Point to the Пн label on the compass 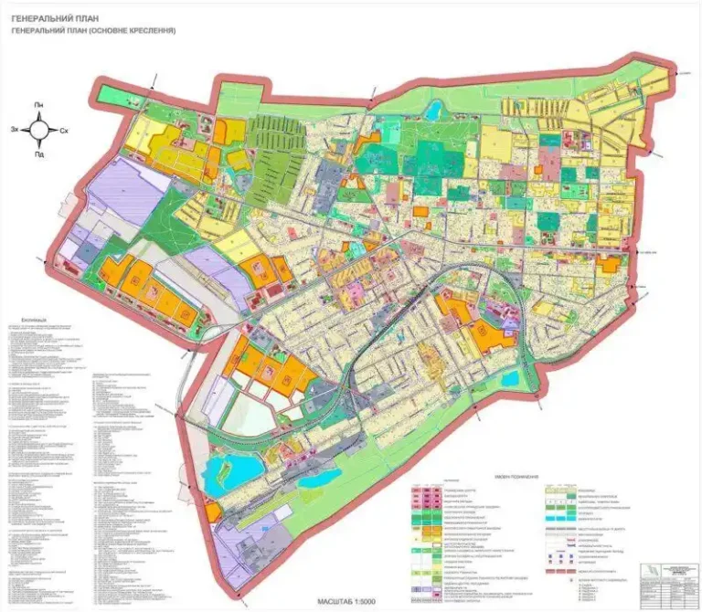point(39,106)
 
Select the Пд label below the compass point(39,154)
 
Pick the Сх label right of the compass point(64,131)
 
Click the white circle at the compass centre point(39,130)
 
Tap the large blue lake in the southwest point(221,476)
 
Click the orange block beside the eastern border point(608,264)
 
